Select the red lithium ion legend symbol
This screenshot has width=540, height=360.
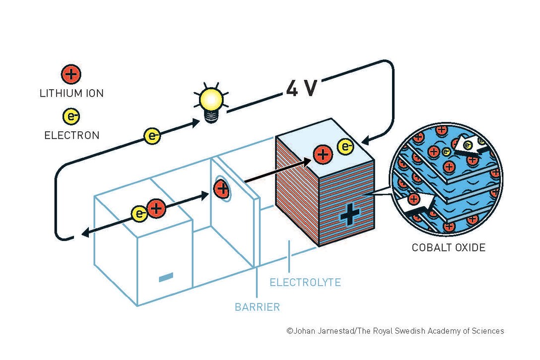71,75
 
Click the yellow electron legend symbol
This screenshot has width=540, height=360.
71,117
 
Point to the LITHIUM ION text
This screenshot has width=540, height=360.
71,93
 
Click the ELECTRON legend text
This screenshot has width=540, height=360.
71,135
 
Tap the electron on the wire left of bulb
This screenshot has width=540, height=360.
152,135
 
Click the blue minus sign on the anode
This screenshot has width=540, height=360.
166,277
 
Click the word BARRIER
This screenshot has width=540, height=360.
257,307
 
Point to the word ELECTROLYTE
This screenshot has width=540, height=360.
305,283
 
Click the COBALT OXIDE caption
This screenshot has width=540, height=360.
448,247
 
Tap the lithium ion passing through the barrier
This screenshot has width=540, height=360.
221,188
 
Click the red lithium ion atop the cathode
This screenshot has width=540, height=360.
323,155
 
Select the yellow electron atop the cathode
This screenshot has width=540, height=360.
345,147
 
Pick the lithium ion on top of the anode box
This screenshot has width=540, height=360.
156,209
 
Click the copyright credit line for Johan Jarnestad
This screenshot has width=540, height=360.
395,331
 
